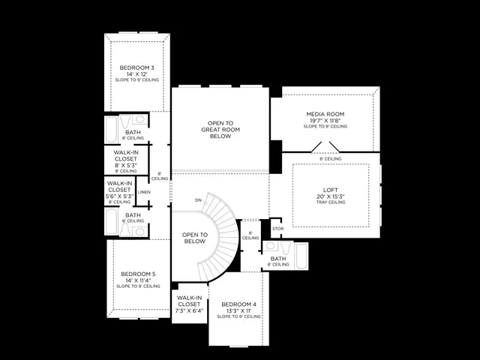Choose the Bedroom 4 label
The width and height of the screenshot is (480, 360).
coord(238,304)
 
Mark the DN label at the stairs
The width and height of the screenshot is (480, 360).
coord(198,200)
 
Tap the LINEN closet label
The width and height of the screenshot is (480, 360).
coord(144,192)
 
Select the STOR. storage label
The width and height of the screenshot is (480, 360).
coord(277,229)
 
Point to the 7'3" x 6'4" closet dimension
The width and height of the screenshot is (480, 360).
coord(189,310)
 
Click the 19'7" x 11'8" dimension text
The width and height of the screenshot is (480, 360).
coord(324,120)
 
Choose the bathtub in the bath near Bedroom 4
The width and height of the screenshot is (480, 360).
coord(301,256)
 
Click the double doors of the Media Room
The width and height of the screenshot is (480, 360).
coord(328,147)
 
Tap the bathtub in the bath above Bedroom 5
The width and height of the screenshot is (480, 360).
coord(112,221)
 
